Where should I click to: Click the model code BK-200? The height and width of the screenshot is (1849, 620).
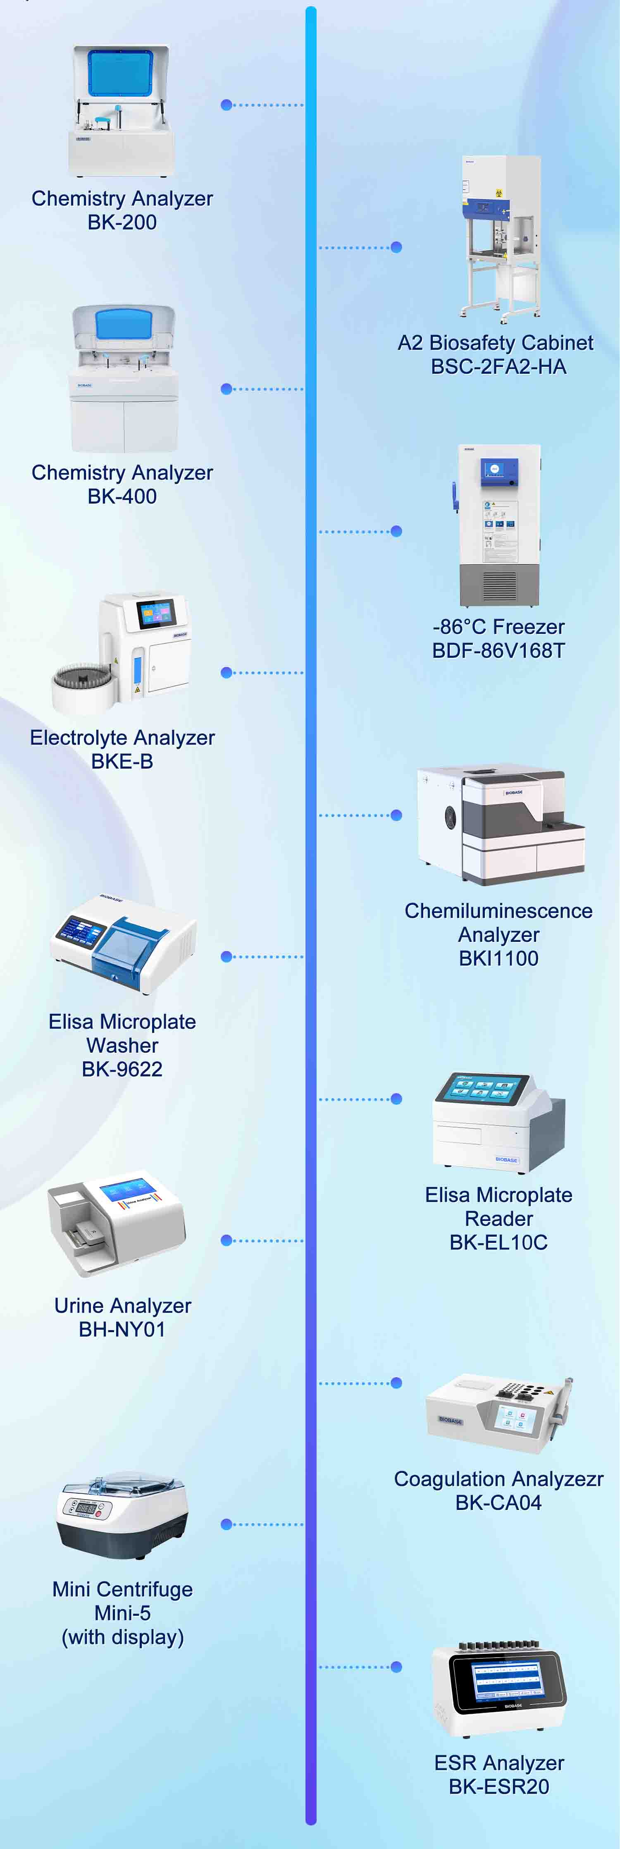coord(122,222)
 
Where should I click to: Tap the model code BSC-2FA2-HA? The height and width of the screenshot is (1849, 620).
coord(499,367)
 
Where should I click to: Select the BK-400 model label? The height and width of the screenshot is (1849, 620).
coord(122,497)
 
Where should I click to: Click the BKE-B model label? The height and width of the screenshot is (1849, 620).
coord(122,762)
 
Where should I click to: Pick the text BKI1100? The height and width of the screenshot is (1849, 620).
coord(499,959)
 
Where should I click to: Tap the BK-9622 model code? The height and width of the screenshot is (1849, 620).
coord(122,1070)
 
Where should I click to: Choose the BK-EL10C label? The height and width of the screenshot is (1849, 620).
coord(499,1242)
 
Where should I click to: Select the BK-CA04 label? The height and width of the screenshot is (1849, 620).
coord(499,1503)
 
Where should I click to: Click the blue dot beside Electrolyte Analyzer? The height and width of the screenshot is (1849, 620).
coord(227,673)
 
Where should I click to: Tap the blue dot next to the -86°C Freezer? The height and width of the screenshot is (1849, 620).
coord(396,531)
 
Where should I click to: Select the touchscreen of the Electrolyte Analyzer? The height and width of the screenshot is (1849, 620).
coord(156,613)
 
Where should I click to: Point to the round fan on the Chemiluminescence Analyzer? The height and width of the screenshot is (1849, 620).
coord(451,817)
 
